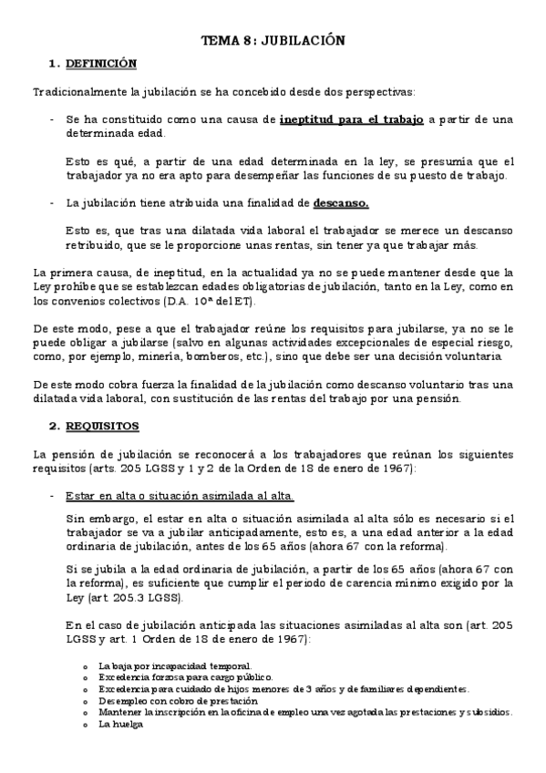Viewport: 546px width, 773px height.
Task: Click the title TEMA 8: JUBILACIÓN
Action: tap(273, 41)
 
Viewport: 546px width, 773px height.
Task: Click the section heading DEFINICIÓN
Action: tap(102, 64)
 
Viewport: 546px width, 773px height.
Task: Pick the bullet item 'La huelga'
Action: tap(118, 724)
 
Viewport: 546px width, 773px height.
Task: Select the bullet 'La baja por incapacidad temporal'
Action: tap(162, 666)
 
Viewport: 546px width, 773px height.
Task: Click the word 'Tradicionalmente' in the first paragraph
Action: tap(76, 92)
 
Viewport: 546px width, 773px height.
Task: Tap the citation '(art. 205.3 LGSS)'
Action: tap(133, 598)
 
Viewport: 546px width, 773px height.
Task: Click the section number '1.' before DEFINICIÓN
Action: tap(54, 64)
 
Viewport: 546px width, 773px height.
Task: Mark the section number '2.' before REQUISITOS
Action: tap(54, 426)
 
